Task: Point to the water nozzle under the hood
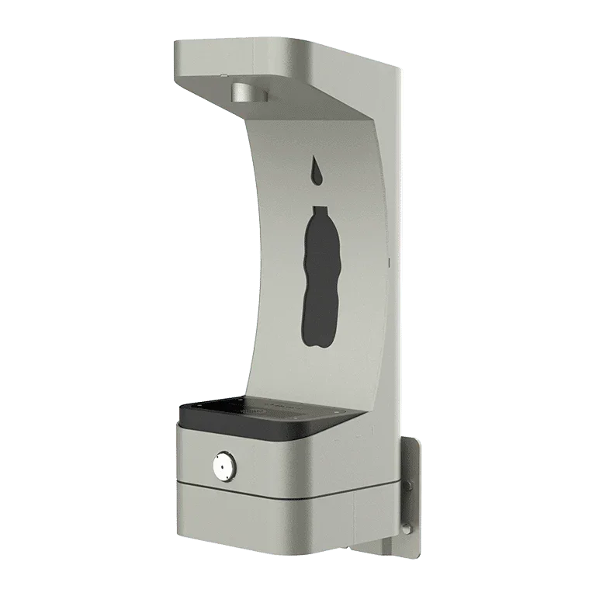248,95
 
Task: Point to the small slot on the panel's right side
386,265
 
